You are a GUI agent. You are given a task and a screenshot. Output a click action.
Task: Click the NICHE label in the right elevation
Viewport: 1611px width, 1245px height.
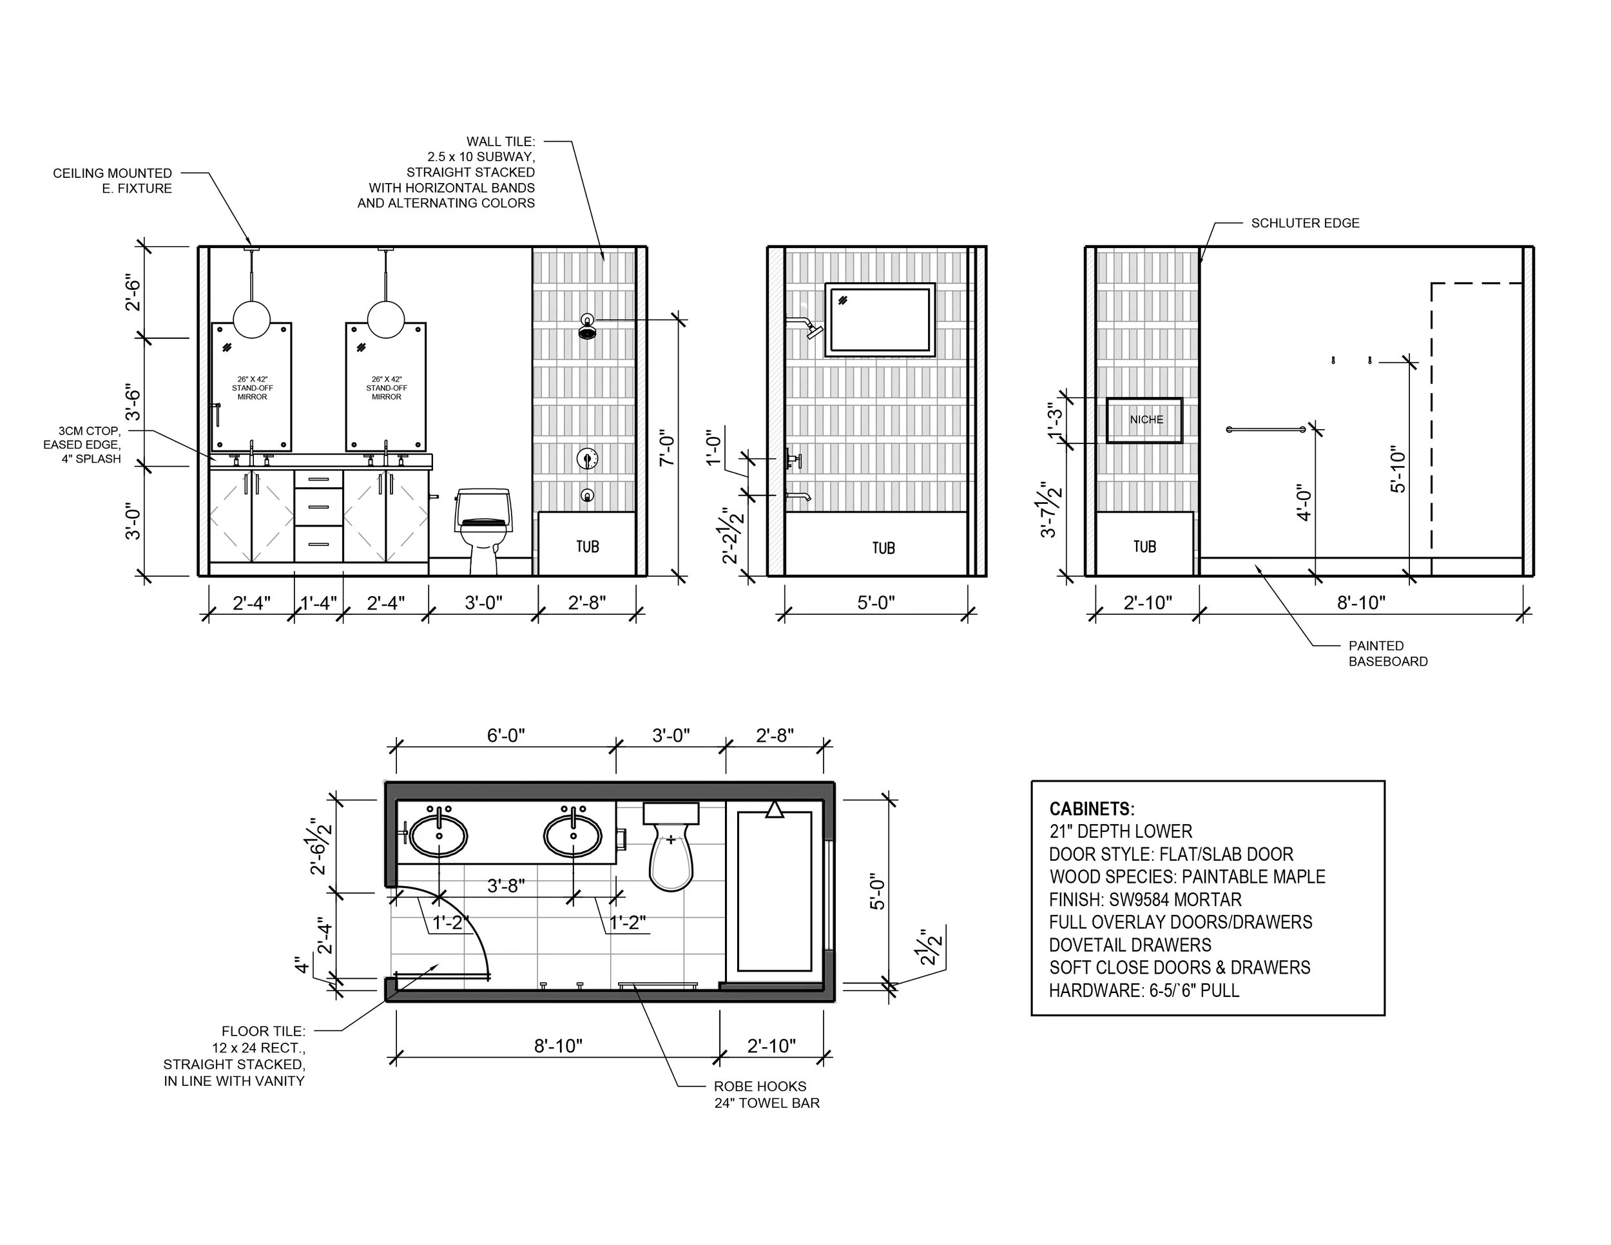pyautogui.click(x=1146, y=420)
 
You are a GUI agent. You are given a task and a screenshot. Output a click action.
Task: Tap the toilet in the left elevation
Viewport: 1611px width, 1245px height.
pyautogui.click(x=483, y=530)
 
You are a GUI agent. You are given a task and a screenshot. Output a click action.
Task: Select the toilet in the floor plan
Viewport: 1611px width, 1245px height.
pyautogui.click(x=671, y=846)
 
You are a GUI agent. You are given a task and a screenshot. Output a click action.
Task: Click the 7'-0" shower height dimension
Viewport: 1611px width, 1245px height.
pyautogui.click(x=667, y=448)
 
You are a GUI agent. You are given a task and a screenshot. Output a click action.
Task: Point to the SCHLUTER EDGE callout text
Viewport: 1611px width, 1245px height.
pyautogui.click(x=1305, y=223)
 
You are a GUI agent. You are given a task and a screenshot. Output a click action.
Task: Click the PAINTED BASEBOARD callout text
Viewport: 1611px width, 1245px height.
pyautogui.click(x=1388, y=653)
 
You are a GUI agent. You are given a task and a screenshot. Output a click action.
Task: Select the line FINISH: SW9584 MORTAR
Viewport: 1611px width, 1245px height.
pyautogui.click(x=1145, y=900)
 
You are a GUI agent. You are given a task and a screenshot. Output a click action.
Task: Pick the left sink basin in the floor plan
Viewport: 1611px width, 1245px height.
pyautogui.click(x=439, y=836)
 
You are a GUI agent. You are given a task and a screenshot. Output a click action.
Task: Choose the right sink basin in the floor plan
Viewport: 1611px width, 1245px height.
pyautogui.click(x=573, y=836)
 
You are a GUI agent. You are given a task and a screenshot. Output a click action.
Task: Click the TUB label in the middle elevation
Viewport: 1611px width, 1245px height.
pyautogui.click(x=883, y=548)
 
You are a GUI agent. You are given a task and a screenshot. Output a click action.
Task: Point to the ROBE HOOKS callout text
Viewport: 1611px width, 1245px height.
pyautogui.click(x=760, y=1086)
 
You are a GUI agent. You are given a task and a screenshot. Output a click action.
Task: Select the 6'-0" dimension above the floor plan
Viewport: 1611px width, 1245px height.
pyautogui.click(x=506, y=735)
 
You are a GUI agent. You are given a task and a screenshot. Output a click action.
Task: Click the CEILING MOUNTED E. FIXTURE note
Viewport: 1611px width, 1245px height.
pyautogui.click(x=112, y=180)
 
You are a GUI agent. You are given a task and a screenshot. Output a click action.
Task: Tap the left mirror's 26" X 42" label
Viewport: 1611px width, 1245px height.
pyautogui.click(x=252, y=379)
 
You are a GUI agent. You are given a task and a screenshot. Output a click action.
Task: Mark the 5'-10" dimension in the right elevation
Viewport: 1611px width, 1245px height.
pyautogui.click(x=1398, y=469)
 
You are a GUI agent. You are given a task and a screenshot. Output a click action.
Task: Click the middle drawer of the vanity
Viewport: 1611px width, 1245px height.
pyautogui.click(x=319, y=507)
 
